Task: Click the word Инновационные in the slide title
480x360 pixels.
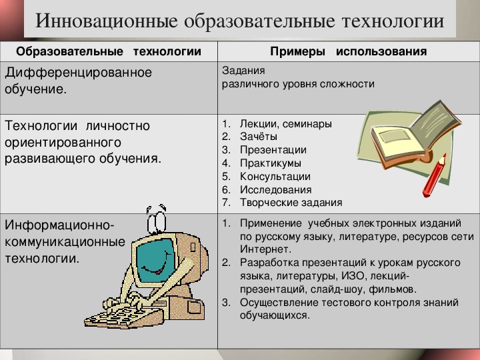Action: pyautogui.click(x=106, y=21)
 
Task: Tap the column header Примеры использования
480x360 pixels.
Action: pyautogui.click(x=349, y=51)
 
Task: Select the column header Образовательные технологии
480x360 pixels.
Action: pyautogui.click(x=109, y=51)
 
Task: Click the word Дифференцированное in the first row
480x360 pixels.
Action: pyautogui.click(x=79, y=73)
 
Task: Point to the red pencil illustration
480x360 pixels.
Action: pyautogui.click(x=434, y=175)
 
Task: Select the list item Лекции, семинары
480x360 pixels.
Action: pyautogui.click(x=285, y=124)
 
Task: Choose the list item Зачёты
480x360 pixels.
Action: pyautogui.click(x=259, y=137)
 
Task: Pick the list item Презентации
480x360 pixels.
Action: pyautogui.click(x=273, y=150)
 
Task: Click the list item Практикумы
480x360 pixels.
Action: pyautogui.click(x=271, y=163)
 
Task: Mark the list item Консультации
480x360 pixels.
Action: pyautogui.click(x=275, y=176)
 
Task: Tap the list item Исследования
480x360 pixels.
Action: pyautogui.click(x=276, y=190)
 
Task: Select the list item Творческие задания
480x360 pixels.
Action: pyautogui.click(x=291, y=203)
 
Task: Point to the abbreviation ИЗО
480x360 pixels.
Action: pyautogui.click(x=353, y=276)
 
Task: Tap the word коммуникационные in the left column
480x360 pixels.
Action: pyautogui.click(x=65, y=242)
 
